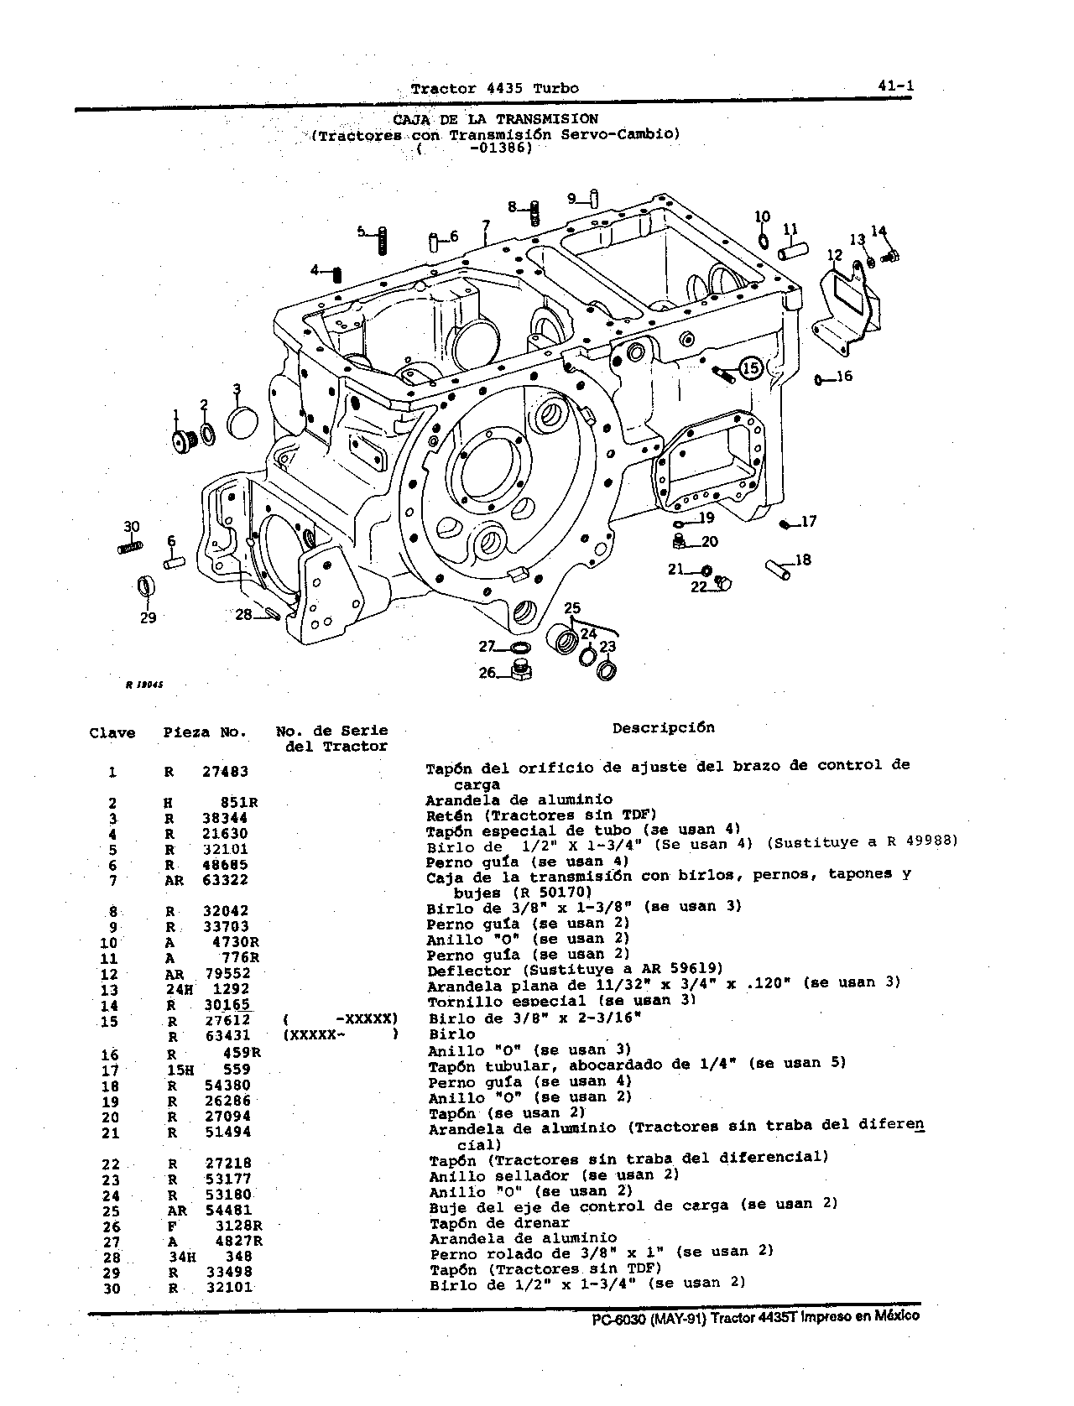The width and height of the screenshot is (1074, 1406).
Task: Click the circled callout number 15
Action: click(x=751, y=368)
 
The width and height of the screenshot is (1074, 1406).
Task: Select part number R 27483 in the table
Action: click(x=206, y=772)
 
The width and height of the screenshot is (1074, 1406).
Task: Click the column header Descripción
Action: click(x=664, y=727)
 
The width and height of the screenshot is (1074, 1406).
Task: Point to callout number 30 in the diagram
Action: click(x=131, y=527)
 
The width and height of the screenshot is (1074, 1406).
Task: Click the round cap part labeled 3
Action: click(x=242, y=423)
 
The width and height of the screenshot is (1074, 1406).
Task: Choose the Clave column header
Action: click(x=112, y=733)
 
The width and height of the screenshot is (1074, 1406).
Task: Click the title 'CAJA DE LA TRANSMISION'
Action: click(x=495, y=119)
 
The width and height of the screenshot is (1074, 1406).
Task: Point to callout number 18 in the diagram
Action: click(x=802, y=560)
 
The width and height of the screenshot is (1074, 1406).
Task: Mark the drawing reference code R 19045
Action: click(x=143, y=684)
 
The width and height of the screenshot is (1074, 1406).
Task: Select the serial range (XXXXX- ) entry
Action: click(x=341, y=1035)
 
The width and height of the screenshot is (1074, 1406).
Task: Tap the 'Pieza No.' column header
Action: click(x=205, y=732)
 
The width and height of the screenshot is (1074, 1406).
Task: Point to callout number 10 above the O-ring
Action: click(x=762, y=216)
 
